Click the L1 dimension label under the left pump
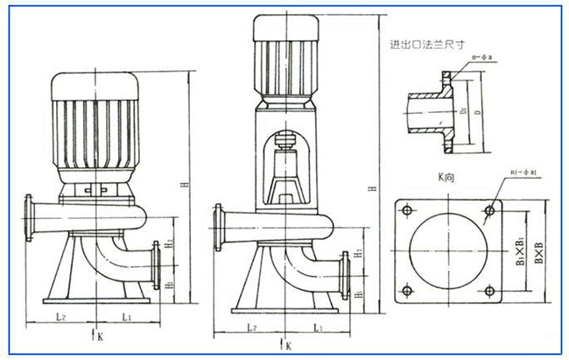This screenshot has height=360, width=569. pos(127,314)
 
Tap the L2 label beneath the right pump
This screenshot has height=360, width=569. pos(251,327)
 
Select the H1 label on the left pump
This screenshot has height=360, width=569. pos(170,285)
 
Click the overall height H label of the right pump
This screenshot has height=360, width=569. pos(374,189)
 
